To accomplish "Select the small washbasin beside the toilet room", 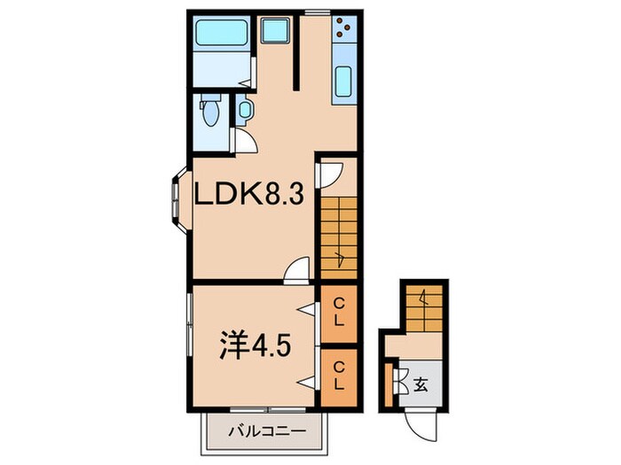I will [245, 111].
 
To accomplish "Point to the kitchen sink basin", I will [342, 82].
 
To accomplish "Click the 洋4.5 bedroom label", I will [250, 342].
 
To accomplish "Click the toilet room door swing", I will [244, 141].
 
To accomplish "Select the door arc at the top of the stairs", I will [328, 173].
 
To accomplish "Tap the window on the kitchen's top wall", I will [313, 12].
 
